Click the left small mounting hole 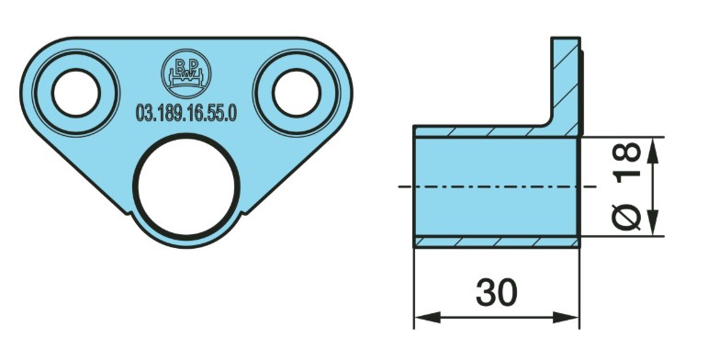pos(75,93)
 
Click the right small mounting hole pos(296,93)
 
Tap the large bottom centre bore pos(186,186)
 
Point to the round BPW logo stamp pos(186,73)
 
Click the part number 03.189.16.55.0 pos(186,113)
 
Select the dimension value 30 pos(497,293)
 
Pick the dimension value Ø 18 pos(627,186)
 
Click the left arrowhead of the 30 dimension pos(427,317)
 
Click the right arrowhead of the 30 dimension pos(567,317)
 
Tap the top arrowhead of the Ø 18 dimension pos(653,151)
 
